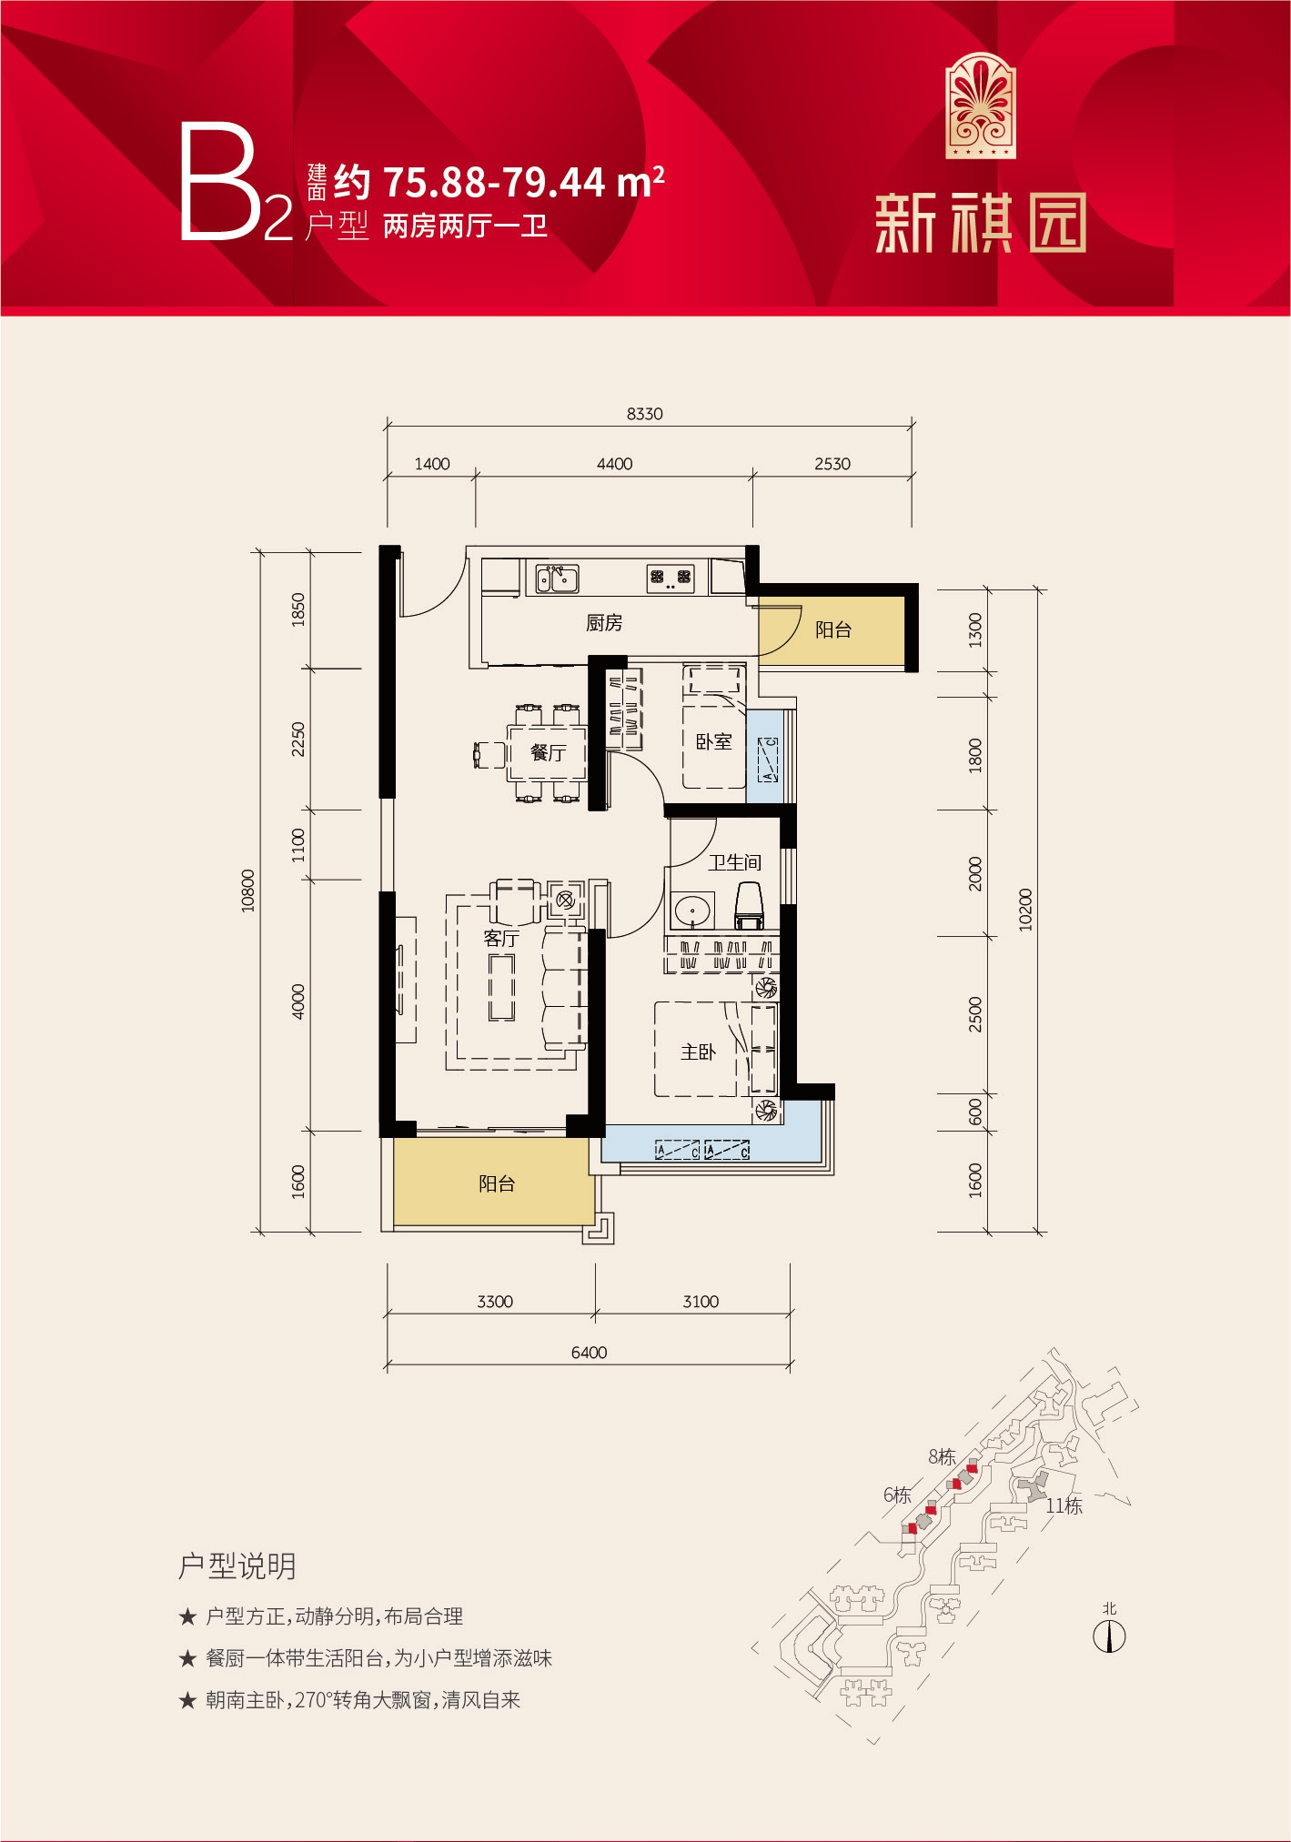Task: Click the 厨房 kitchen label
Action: pyautogui.click(x=604, y=623)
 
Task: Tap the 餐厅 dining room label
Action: pyautogui.click(x=548, y=752)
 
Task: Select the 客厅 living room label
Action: pyautogui.click(x=501, y=938)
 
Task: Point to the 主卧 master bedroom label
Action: pyautogui.click(x=698, y=1052)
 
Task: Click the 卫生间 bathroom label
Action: pyautogui.click(x=735, y=862)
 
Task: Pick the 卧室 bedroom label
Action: pyautogui.click(x=713, y=742)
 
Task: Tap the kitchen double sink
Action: pyautogui.click(x=557, y=579)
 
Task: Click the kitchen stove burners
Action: pyautogui.click(x=671, y=578)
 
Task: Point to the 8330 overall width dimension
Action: pyautogui.click(x=644, y=414)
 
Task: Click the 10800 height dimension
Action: pyautogui.click(x=248, y=891)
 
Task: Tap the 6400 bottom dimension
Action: pyautogui.click(x=589, y=1353)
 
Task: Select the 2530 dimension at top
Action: pyautogui.click(x=832, y=464)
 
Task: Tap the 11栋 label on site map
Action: pyautogui.click(x=1064, y=1505)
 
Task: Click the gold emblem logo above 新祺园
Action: pyautogui.click(x=981, y=106)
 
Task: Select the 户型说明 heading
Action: pyautogui.click(x=237, y=1565)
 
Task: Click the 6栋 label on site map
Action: pyautogui.click(x=897, y=1495)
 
